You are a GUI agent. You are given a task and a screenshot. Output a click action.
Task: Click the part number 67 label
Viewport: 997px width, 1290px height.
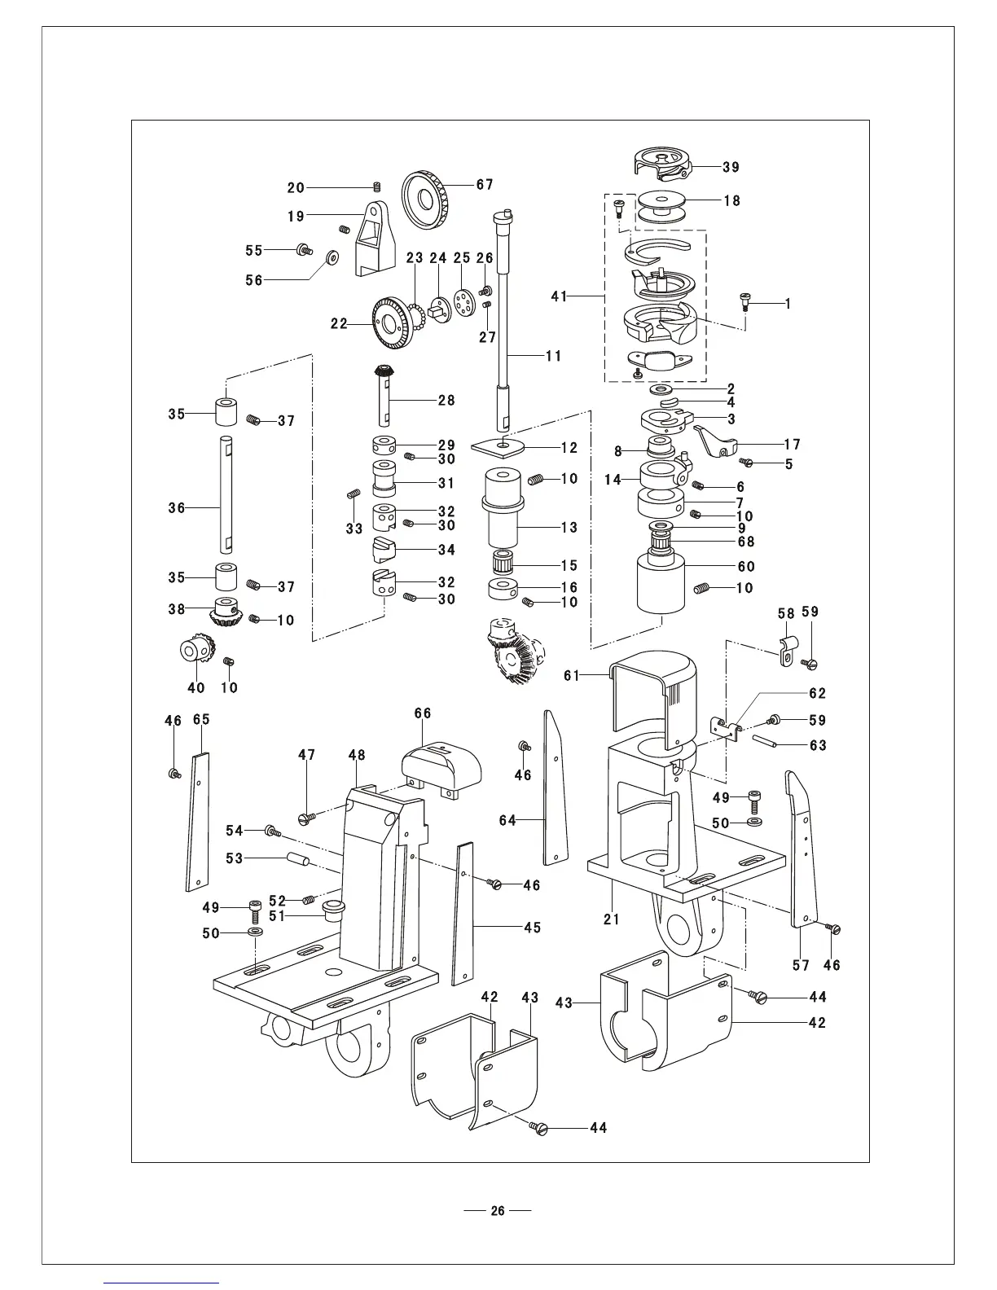(x=485, y=185)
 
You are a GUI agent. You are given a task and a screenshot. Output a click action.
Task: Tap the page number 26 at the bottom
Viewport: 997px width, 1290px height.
(x=498, y=1210)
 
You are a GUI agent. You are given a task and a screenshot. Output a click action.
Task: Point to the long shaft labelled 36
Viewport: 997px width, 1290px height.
(x=226, y=494)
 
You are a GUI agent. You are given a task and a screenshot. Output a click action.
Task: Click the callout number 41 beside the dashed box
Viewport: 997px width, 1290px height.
(x=560, y=296)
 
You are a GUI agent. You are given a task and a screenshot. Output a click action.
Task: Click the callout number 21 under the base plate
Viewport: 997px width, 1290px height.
(x=612, y=919)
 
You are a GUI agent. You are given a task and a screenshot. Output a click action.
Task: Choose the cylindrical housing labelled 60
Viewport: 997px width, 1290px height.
(x=661, y=583)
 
